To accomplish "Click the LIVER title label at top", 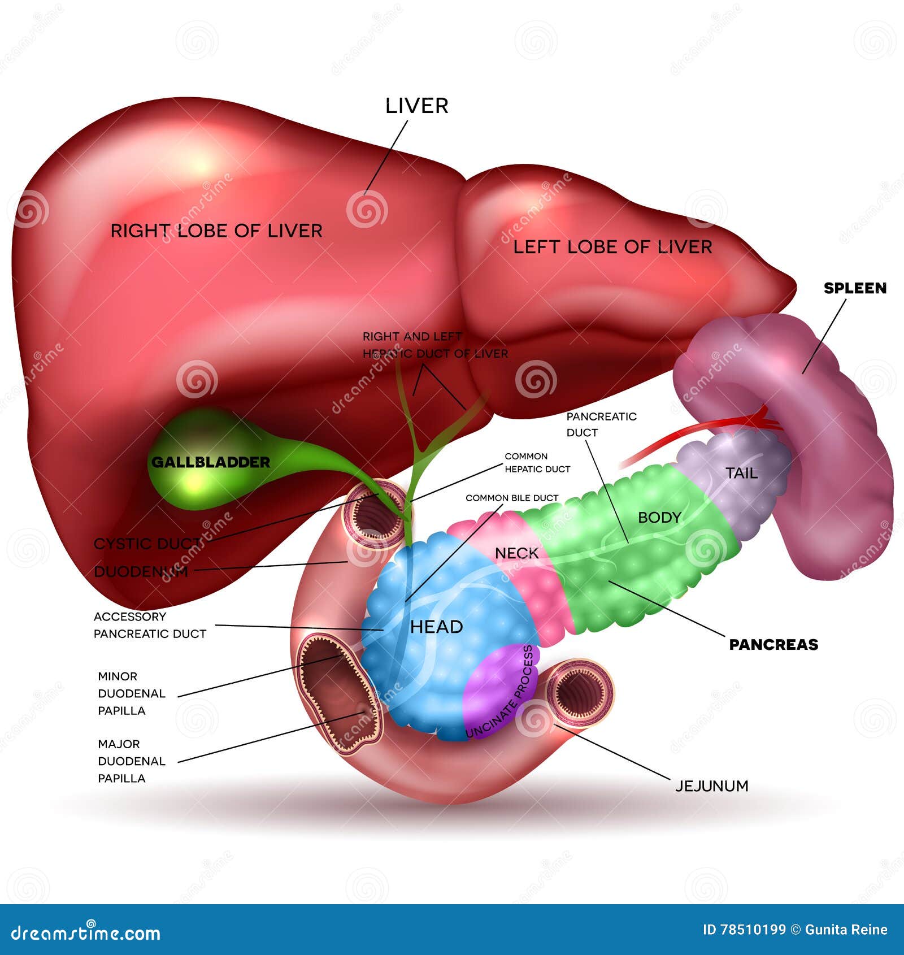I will [416, 106].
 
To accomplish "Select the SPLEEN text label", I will [854, 288].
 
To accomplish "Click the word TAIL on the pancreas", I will [741, 473].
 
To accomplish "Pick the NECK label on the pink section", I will [516, 553].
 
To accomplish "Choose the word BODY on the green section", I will [659, 517].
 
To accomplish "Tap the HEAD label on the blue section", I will [436, 626].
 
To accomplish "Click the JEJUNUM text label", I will [711, 785].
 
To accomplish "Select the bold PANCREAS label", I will [773, 644].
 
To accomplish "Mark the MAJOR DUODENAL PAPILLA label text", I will [131, 761].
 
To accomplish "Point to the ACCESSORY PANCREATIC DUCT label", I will [149, 625].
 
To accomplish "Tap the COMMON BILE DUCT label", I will [511, 498].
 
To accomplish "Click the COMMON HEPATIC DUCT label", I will [537, 462].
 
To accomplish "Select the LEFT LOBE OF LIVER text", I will [612, 246].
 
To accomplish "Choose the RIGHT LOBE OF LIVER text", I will [216, 231].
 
